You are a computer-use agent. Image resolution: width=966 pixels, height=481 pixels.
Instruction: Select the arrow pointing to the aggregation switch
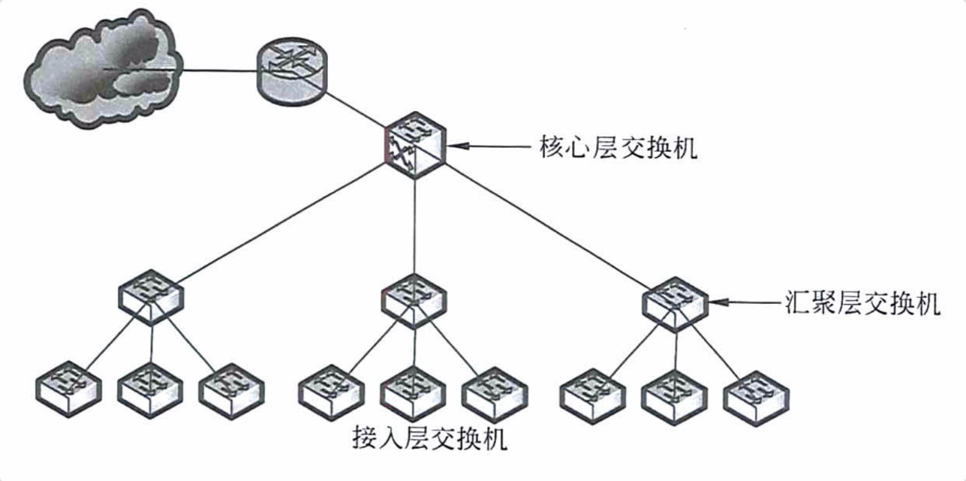751,303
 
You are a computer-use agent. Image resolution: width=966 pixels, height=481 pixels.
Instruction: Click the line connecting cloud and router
218,72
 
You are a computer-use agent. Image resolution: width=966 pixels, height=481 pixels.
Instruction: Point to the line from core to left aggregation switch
278,225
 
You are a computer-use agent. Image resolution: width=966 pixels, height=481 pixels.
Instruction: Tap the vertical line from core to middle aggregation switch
415,225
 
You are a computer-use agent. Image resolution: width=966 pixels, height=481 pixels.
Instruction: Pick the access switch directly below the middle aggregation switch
412,392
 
